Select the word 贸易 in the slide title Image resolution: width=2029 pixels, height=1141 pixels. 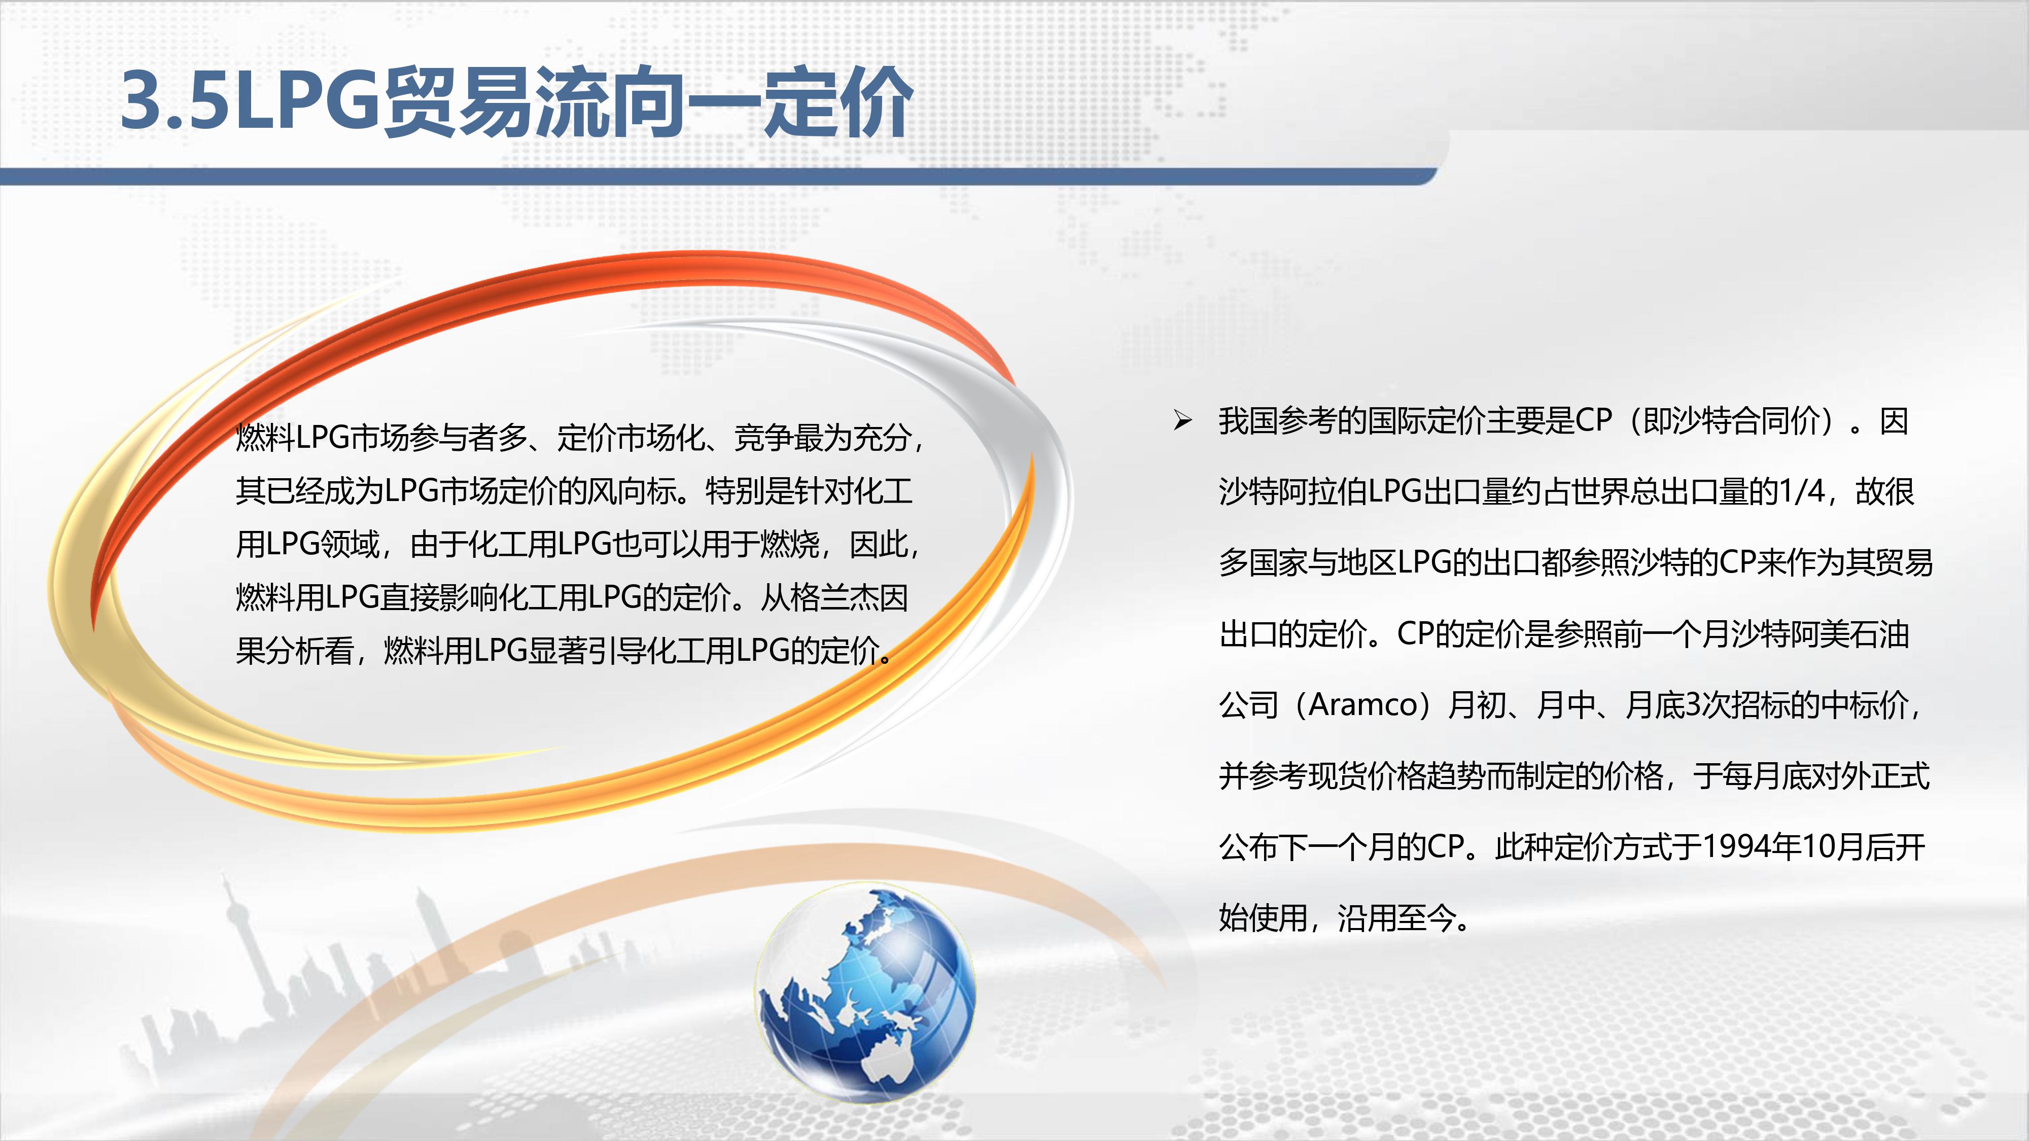point(458,101)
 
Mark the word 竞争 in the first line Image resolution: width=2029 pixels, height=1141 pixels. point(763,438)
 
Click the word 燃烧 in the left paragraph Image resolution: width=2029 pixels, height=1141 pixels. point(790,544)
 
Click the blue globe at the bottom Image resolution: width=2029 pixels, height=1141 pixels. point(865,994)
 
